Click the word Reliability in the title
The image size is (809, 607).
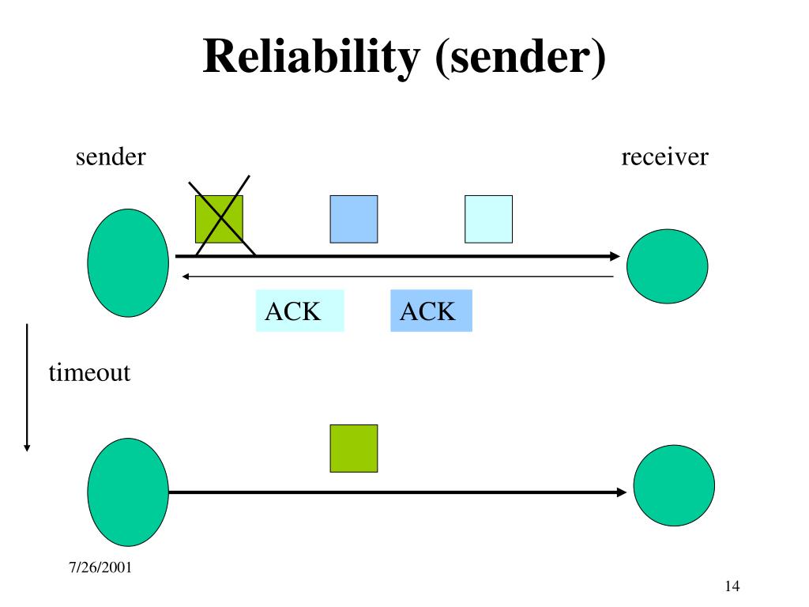(311, 57)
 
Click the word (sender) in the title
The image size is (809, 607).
(521, 57)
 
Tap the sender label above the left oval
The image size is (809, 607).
(111, 157)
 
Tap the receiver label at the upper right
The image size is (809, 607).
(664, 157)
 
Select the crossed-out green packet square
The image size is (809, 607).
(220, 220)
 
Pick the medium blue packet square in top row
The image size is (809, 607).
(354, 220)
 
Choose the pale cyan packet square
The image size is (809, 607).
(488, 220)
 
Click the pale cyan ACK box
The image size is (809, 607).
(299, 311)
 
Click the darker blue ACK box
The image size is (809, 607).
(431, 311)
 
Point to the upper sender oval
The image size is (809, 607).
(128, 262)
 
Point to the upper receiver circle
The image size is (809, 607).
(667, 266)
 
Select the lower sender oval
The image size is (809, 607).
(128, 492)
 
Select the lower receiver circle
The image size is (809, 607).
(674, 486)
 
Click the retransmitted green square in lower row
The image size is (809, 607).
(354, 449)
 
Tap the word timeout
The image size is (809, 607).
(89, 373)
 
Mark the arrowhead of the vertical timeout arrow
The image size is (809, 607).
(27, 448)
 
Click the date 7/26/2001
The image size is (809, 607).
(100, 567)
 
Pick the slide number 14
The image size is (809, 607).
(732, 586)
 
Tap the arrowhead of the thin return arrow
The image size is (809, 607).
(186, 277)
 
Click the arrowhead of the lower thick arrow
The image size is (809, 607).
(622, 492)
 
